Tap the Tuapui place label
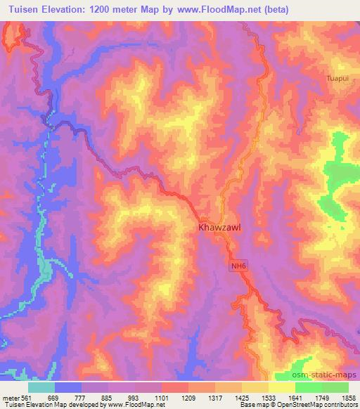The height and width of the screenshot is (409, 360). (x=339, y=78)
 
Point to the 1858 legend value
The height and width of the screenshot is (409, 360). (x=349, y=397)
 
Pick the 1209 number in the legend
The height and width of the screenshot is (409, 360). (x=188, y=397)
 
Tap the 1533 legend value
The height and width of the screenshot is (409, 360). (x=269, y=397)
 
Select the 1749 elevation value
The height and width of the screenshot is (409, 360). (x=322, y=397)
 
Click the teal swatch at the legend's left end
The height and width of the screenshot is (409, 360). (x=41, y=387)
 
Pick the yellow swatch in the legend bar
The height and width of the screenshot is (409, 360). (x=281, y=387)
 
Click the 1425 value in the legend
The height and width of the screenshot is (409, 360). (x=242, y=397)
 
